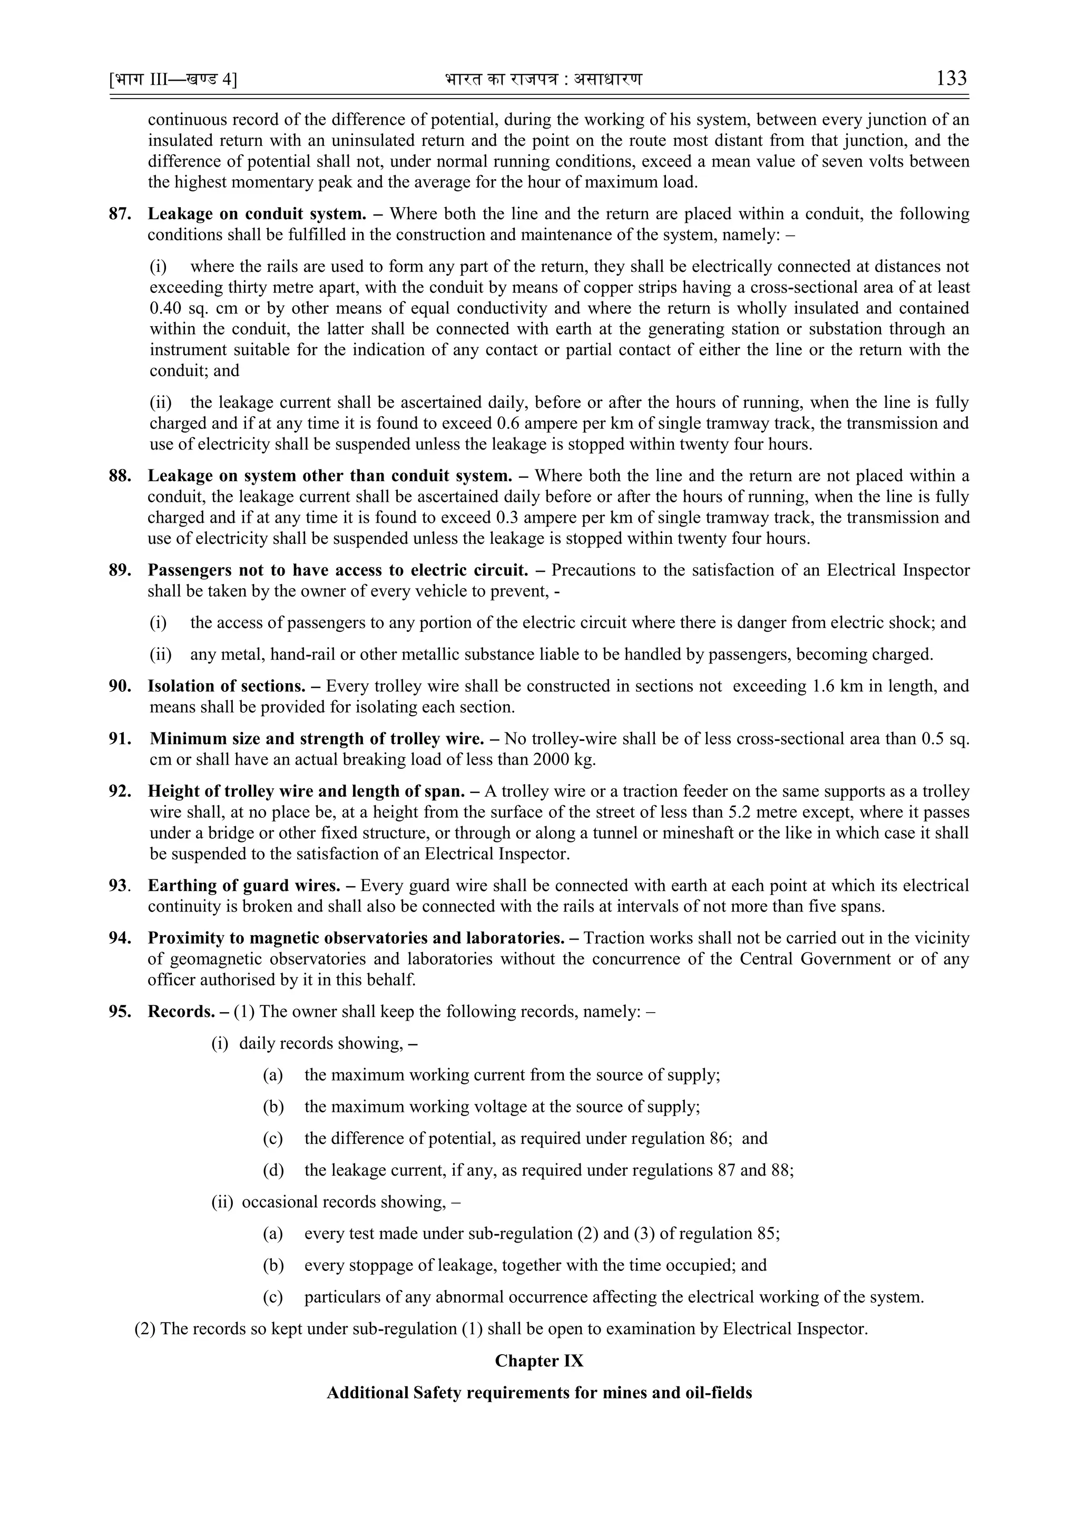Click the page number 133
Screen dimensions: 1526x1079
pyautogui.click(x=952, y=79)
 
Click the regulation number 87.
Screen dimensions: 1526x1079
pyautogui.click(x=120, y=214)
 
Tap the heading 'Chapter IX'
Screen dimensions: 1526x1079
pyautogui.click(x=539, y=1361)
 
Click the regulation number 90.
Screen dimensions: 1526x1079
pyautogui.click(x=120, y=686)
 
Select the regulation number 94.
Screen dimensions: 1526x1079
pyautogui.click(x=120, y=938)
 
